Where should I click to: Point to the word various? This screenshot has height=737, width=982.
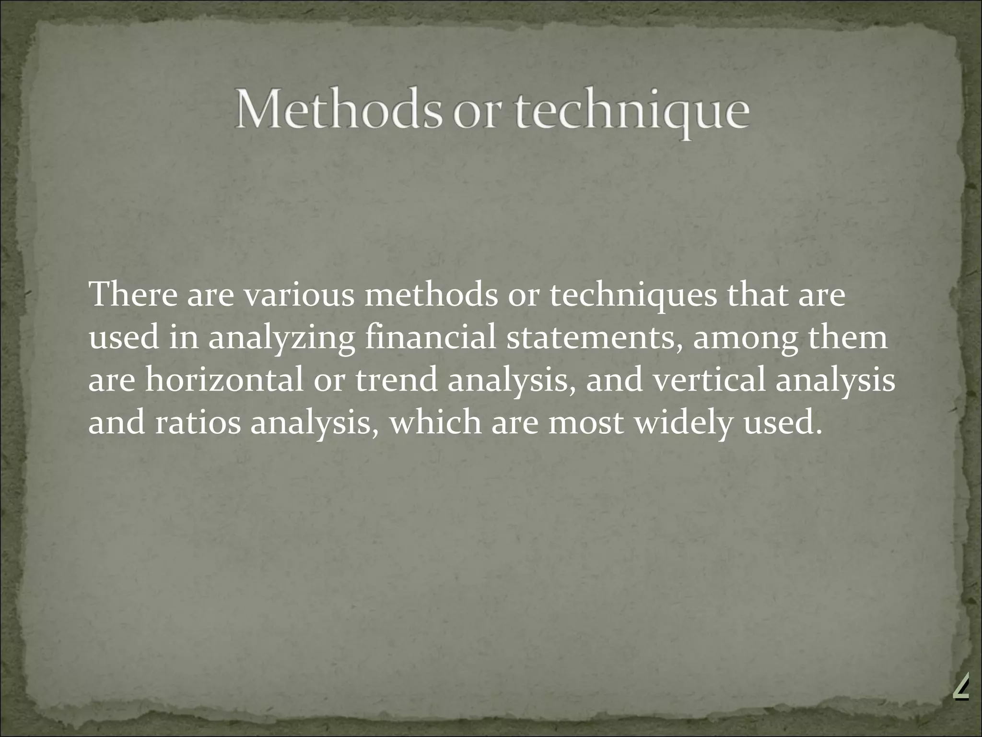pyautogui.click(x=299, y=295)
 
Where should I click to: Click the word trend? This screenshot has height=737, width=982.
pyautogui.click(x=397, y=380)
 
